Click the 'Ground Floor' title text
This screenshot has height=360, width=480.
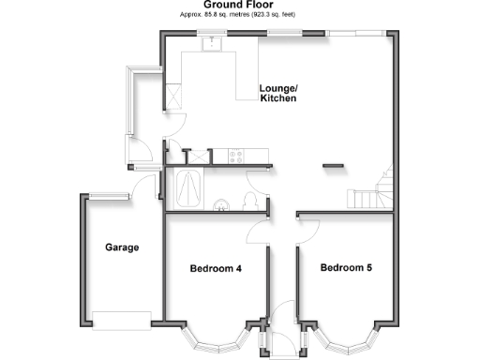point(239,6)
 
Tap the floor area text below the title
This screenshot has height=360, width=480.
point(239,16)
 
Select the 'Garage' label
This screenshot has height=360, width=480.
point(122,247)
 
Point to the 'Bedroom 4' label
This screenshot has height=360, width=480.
point(216,269)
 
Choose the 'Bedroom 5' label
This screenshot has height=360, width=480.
point(346,268)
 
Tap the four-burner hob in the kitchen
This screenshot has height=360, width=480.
point(235,157)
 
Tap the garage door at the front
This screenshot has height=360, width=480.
point(122,318)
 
